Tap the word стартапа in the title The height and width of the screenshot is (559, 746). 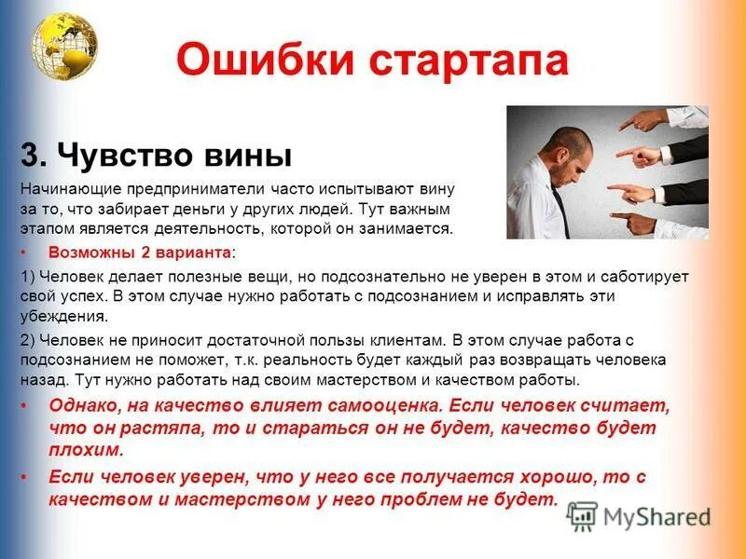pyautogui.click(x=463, y=61)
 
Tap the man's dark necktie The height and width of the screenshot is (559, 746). pyautogui.click(x=559, y=207)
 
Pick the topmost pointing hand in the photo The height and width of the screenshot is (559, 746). pyautogui.click(x=653, y=121)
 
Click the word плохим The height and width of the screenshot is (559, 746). pyautogui.click(x=85, y=450)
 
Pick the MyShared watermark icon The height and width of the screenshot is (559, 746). pyautogui.click(x=582, y=516)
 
